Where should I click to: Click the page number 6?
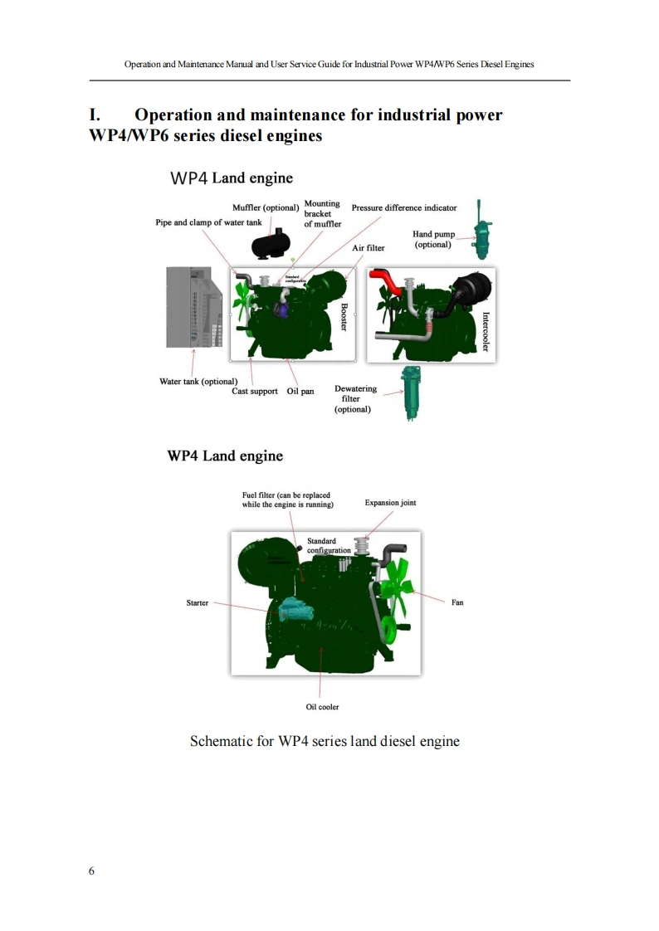click(x=91, y=870)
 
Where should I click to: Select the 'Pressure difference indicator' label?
click(x=403, y=207)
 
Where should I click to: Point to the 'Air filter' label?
click(x=369, y=248)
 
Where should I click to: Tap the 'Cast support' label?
click(x=255, y=391)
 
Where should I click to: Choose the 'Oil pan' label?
click(x=300, y=391)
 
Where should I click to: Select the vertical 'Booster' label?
click(x=344, y=316)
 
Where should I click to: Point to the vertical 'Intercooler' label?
click(x=486, y=330)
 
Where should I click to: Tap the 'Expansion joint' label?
click(x=390, y=503)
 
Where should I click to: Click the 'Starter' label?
click(x=198, y=603)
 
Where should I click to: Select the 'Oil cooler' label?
click(x=322, y=707)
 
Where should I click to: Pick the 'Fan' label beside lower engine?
click(x=457, y=602)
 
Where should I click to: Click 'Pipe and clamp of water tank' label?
click(x=208, y=222)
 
